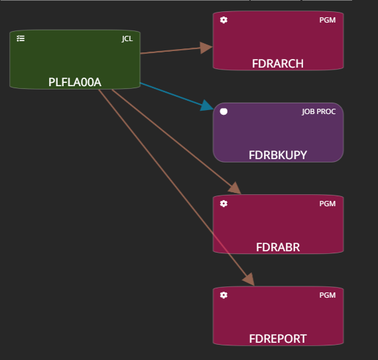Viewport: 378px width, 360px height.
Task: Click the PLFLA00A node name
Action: pos(75,82)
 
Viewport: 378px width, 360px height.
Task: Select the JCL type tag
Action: pos(127,38)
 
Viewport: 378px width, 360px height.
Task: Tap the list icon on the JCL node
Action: pos(21,38)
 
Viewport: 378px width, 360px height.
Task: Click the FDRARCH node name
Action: pos(278,64)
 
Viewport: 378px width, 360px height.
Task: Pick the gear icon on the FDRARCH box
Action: pos(223,20)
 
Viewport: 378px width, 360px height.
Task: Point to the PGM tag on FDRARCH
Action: pos(328,20)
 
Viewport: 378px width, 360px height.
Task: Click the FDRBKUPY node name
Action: pos(278,155)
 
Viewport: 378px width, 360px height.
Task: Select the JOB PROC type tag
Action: pos(319,111)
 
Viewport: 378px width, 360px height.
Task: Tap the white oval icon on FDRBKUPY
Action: pos(223,111)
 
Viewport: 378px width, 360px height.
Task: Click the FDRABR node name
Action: pos(278,247)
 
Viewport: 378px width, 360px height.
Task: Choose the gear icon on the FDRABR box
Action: pos(223,204)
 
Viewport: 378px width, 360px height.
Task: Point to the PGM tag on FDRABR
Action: pos(328,204)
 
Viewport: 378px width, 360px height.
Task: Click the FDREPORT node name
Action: pos(278,339)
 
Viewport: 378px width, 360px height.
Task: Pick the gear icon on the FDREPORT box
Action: pos(223,295)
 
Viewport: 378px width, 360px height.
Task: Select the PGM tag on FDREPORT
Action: pos(328,295)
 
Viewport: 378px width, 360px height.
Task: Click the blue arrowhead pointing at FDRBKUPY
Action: pos(206,106)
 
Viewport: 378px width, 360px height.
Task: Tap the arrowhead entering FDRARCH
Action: pos(206,48)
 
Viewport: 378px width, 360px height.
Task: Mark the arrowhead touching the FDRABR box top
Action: pos(235,188)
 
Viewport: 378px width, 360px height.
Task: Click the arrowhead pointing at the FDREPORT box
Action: pos(249,280)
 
